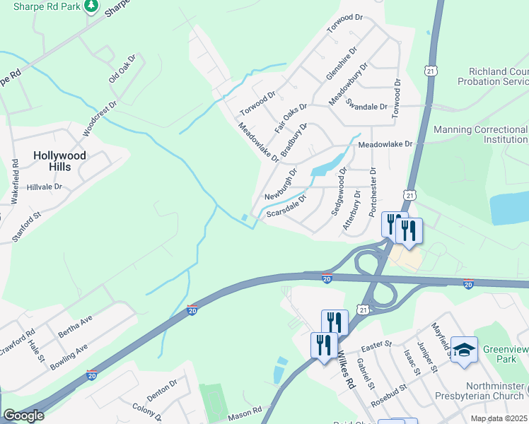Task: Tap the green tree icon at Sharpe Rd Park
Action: (x=91, y=6)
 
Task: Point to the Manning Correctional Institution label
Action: (x=480, y=135)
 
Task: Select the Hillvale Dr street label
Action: (x=45, y=187)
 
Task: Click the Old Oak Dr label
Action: (x=121, y=69)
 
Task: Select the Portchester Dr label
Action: (x=373, y=193)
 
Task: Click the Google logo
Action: (x=24, y=416)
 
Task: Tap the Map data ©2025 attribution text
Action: (x=499, y=418)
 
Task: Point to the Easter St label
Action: (x=376, y=344)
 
